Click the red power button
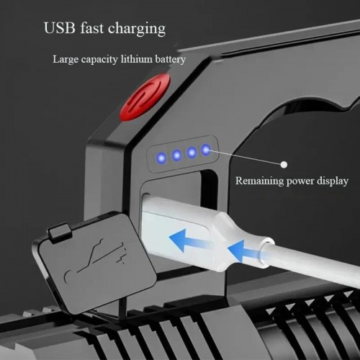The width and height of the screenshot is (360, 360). [145, 97]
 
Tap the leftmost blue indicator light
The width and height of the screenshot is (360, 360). [161, 158]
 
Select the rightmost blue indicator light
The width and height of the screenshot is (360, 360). [206, 150]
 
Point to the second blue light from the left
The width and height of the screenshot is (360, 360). [176, 156]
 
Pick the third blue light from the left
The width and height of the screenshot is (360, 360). [192, 152]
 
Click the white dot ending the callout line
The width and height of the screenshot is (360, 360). [284, 165]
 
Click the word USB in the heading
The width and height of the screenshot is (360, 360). [60, 28]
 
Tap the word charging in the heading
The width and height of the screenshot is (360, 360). [137, 30]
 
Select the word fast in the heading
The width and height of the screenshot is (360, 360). [91, 28]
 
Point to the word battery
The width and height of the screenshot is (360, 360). [170, 60]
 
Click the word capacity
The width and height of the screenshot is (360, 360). [99, 60]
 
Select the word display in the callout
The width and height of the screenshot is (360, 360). [333, 181]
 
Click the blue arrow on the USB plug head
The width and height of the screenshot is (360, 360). [189, 240]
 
